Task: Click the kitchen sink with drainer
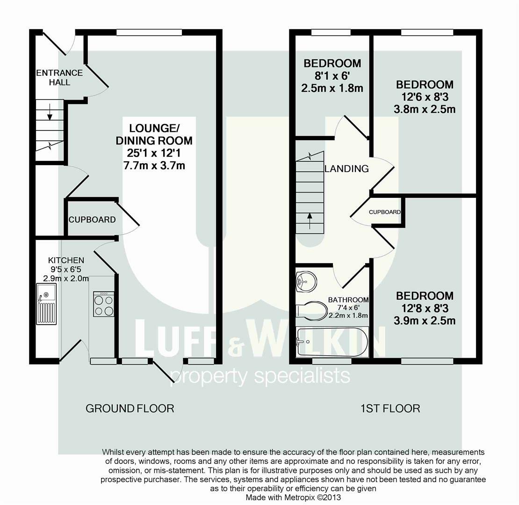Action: coord(46,304)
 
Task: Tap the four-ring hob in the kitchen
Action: coord(104,304)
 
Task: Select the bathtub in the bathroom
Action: coord(332,342)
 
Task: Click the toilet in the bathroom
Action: coord(311,311)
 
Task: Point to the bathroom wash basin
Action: coord(306,281)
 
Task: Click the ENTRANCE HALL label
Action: coord(59,78)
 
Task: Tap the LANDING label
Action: coord(346,169)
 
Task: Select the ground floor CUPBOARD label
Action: coord(92,220)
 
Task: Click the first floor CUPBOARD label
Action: coord(385,212)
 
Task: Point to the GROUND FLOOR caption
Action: coord(130,408)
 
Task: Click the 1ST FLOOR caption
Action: coord(390,408)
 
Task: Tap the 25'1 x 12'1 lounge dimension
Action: coord(153,153)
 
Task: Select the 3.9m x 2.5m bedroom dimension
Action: coord(425,321)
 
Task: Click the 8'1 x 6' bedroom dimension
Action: coord(332,76)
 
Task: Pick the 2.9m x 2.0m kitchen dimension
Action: coord(66,279)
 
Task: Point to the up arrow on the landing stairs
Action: coord(310,221)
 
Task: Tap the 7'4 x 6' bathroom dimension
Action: coord(348,308)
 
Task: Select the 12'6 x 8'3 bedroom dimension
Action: coord(425,97)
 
